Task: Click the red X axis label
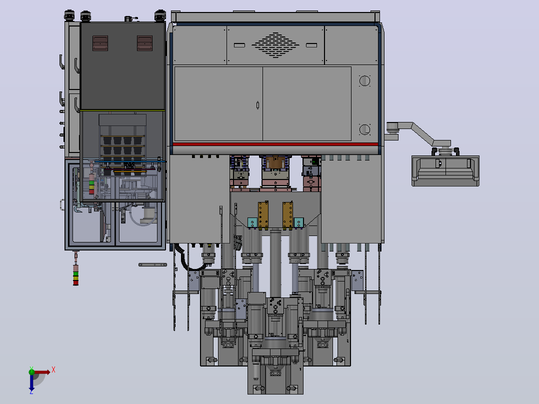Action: coord(53,370)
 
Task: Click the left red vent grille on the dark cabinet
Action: coord(100,43)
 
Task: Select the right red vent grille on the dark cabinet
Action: coord(144,43)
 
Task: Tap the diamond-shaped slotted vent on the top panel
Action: coord(275,45)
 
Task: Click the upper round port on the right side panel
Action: coord(364,81)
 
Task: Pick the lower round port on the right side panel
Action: coord(364,129)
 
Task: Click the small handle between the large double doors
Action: coord(258,105)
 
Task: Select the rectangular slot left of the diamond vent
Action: coord(239,45)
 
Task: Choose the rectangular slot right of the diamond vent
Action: coord(311,45)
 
